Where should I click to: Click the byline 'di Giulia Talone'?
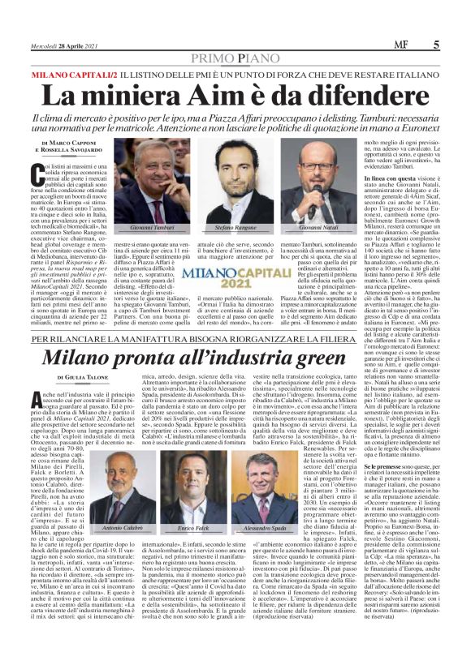(x=84, y=377)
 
